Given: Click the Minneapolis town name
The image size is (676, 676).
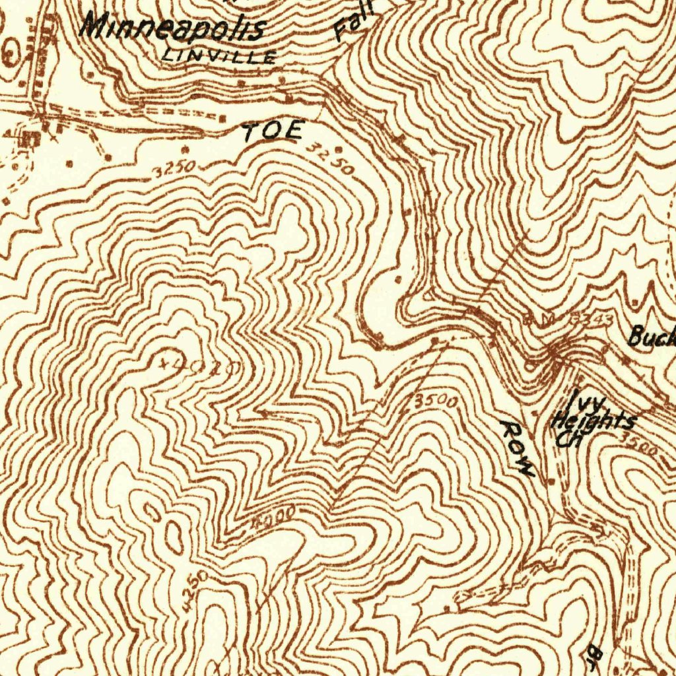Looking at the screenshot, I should [x=174, y=28].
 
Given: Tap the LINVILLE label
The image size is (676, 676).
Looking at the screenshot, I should [x=218, y=55].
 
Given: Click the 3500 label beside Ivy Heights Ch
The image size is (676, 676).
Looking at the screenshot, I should [x=639, y=445].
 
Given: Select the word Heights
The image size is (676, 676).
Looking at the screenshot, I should [x=594, y=421].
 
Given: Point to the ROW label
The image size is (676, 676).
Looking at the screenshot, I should [x=516, y=448].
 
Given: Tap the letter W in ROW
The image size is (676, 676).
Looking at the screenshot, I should [x=524, y=468].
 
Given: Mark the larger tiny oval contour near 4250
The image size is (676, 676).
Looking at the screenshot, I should [x=174, y=536].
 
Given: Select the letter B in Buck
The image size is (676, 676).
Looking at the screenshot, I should [x=635, y=337].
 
